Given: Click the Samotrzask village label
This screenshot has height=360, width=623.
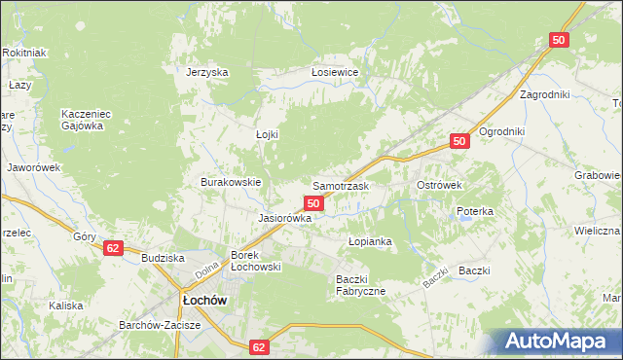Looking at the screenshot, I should coord(340,185).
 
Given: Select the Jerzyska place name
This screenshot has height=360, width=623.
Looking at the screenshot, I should coord(207,72).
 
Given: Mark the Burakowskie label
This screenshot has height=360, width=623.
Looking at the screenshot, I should coord(231,182).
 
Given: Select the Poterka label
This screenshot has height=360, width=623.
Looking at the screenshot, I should coord(475,211).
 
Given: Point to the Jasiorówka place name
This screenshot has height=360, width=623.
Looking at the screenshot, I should coord(284,218).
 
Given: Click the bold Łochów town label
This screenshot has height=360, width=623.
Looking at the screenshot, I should coord(204,300).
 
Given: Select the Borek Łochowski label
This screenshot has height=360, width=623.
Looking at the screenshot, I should coord(255,261).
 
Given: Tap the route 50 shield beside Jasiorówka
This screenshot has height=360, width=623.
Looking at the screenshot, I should coord(313,202).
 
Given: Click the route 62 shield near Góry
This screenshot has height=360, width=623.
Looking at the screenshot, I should coord(114,249).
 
